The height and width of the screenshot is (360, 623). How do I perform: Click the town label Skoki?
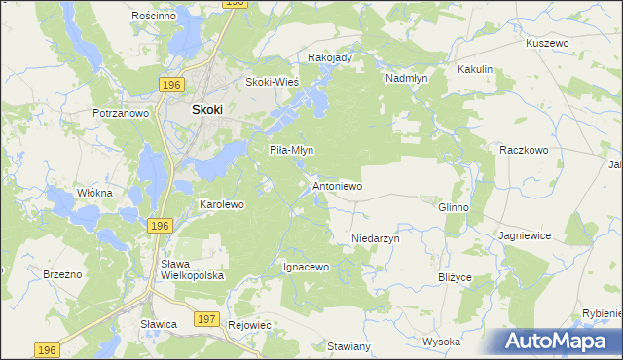207,110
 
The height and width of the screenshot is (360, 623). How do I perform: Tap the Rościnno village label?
152,17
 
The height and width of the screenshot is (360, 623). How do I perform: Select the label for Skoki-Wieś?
272,82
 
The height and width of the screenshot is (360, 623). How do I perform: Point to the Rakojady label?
329,57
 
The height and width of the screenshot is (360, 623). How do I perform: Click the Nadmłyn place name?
407,77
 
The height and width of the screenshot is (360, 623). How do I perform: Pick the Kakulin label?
476,69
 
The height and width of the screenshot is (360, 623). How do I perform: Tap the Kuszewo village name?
546,44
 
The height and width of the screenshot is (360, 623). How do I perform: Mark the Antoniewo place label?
337,185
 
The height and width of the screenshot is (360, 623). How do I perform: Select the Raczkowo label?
525,150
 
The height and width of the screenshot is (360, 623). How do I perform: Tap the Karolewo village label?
221,205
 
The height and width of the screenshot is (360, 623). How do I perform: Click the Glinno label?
454,207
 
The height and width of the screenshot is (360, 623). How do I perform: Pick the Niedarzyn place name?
376,237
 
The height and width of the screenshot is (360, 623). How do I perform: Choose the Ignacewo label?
307,267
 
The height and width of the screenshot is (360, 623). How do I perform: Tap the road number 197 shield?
206,318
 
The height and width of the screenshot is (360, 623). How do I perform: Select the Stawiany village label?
349,346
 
